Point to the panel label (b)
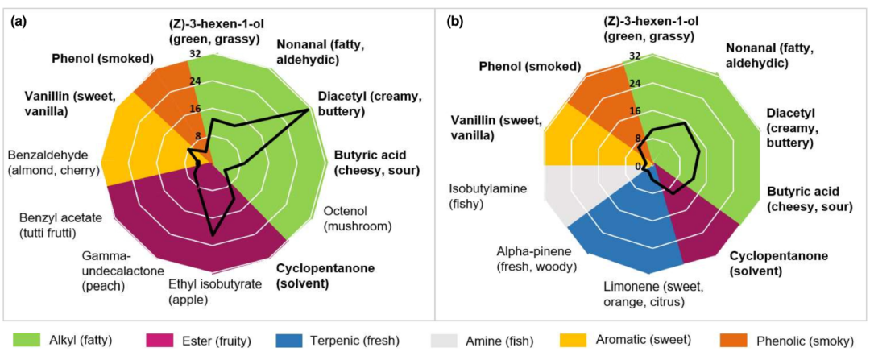pyautogui.click(x=455, y=23)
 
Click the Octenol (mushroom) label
pyautogui.click(x=357, y=219)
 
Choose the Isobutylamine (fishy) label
pyautogui.click(x=490, y=196)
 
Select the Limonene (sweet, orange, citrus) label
pyautogui.click(x=644, y=295)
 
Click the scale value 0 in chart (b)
pyautogui.click(x=639, y=167)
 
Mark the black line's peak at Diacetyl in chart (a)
pyautogui.click(x=309, y=110)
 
